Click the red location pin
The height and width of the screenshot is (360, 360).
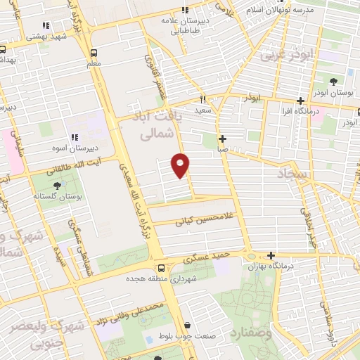pos(181,165)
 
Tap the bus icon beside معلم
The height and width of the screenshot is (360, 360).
pos(94,53)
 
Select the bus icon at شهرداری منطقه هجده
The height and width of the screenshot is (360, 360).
pos(161,268)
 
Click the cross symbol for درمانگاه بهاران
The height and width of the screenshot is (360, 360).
pos(271,255)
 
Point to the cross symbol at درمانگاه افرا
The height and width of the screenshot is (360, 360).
pos(301,101)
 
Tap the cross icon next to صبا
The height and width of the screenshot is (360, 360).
pos(222,139)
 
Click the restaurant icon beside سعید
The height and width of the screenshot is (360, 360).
pos(202,99)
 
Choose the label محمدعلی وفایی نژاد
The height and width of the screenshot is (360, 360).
pos(136,314)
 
